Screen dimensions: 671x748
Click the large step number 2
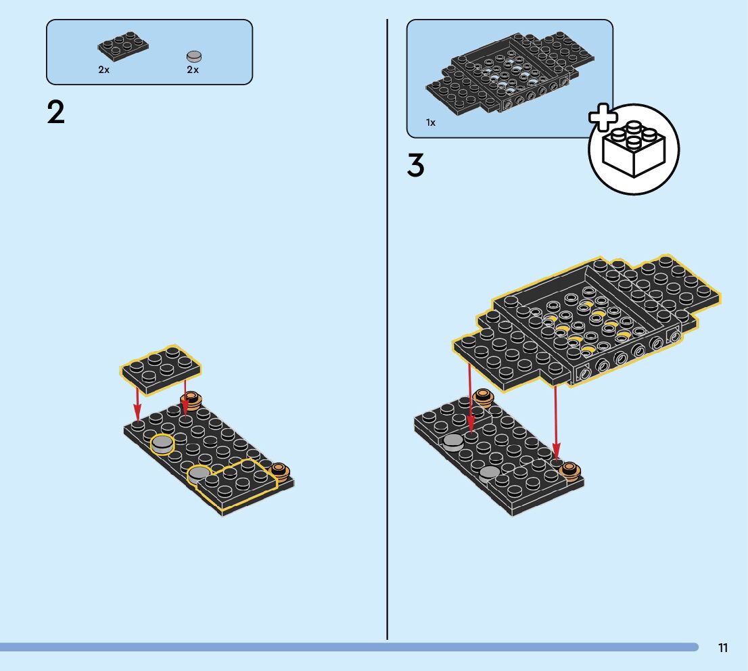56,112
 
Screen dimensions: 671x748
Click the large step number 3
415,166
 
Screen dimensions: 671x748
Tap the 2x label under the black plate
103,70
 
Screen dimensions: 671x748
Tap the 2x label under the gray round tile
193,70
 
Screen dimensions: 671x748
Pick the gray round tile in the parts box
194,56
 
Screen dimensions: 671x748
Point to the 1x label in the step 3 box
431,122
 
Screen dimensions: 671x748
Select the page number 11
723,648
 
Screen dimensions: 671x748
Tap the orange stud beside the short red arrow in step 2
193,400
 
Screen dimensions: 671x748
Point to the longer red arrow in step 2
137,400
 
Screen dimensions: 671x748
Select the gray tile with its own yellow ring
162,444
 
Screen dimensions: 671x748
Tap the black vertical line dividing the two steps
387,338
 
